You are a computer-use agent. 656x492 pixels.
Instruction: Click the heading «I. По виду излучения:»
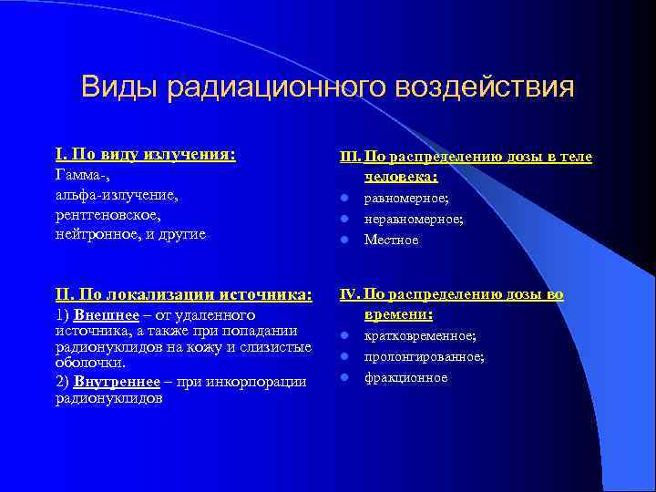point(146,155)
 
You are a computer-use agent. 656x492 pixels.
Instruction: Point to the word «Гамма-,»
point(79,175)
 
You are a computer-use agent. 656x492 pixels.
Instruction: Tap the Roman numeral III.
point(350,158)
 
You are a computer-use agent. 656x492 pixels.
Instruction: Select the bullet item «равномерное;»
point(406,198)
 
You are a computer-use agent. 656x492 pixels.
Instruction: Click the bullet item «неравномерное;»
point(414,219)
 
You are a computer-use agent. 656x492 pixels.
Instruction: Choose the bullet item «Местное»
point(392,240)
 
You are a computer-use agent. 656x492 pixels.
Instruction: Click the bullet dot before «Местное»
point(345,240)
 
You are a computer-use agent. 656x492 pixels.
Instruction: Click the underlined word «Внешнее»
point(106,314)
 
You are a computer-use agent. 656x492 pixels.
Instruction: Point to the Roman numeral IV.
point(350,295)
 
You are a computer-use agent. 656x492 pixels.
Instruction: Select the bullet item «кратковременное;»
point(420,336)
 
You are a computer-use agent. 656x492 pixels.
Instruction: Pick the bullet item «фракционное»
point(405,377)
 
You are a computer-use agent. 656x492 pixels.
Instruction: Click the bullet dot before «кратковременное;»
point(345,336)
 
